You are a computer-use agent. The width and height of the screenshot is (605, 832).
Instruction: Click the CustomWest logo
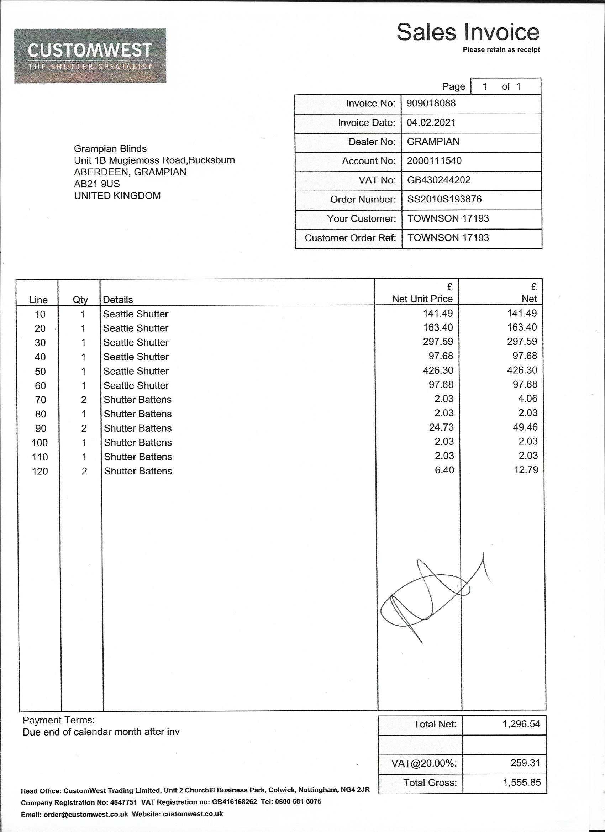click(x=90, y=56)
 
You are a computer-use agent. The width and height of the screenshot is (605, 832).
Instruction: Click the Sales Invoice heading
click(x=468, y=32)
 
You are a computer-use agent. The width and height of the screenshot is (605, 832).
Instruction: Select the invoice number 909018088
click(x=431, y=104)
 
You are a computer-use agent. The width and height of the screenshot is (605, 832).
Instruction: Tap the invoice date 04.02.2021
click(x=431, y=122)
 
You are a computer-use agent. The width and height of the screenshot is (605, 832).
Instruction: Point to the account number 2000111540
click(x=434, y=161)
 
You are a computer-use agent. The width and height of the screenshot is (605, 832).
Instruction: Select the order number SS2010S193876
click(x=444, y=200)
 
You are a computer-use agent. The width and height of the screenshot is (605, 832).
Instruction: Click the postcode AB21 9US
click(x=97, y=184)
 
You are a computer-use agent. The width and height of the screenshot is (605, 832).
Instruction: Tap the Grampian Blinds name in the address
click(x=110, y=149)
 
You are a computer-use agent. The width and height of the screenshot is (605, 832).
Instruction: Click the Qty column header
click(x=80, y=300)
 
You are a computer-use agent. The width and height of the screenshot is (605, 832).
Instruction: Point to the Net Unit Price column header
click(x=422, y=299)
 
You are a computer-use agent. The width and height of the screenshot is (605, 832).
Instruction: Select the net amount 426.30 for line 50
click(x=522, y=370)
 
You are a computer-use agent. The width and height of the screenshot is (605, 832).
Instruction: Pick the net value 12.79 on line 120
click(x=526, y=470)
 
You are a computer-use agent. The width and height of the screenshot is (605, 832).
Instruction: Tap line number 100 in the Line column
click(x=40, y=443)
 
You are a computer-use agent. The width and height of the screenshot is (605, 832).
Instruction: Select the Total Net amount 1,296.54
click(x=521, y=724)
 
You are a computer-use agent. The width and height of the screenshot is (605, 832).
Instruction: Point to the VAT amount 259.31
click(x=525, y=763)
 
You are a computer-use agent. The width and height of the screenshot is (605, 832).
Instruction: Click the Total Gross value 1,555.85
click(x=522, y=783)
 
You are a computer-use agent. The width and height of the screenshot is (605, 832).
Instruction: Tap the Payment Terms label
click(x=59, y=721)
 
